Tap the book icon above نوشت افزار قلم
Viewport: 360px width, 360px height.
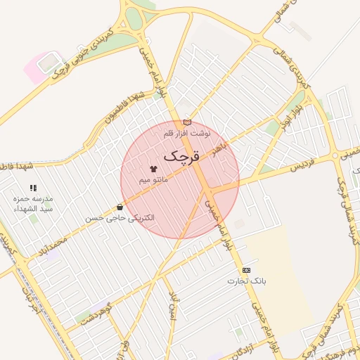click(x=186, y=122)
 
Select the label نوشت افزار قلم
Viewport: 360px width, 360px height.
click(x=188, y=133)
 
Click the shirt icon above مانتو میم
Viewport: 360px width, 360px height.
click(x=153, y=169)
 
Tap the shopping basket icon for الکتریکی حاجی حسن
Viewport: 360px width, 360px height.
click(x=120, y=207)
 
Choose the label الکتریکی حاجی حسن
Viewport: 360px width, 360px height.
click(x=120, y=219)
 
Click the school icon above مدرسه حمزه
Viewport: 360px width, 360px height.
click(x=33, y=188)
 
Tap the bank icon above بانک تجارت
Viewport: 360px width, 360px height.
click(x=246, y=270)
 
